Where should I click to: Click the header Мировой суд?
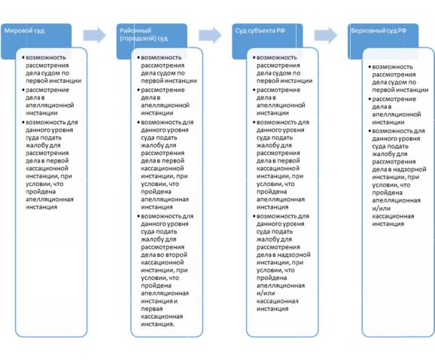coord(24,31)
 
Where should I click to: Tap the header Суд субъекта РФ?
coord(260,31)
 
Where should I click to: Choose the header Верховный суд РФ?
coord(379,31)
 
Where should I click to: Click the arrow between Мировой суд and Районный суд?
coord(95,35)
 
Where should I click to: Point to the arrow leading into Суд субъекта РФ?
coord(210,35)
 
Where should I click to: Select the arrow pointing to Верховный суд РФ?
coord(326,35)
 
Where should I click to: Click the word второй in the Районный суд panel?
coord(176,255)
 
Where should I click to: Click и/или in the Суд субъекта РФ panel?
coord(266,293)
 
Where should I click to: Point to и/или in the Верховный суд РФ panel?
coord(382,208)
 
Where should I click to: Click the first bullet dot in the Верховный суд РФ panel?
coord(370,67)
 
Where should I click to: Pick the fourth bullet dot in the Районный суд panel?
coord(138,216)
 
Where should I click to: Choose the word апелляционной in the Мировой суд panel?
coord(50,105)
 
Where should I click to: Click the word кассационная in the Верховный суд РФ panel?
coord(393,216)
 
